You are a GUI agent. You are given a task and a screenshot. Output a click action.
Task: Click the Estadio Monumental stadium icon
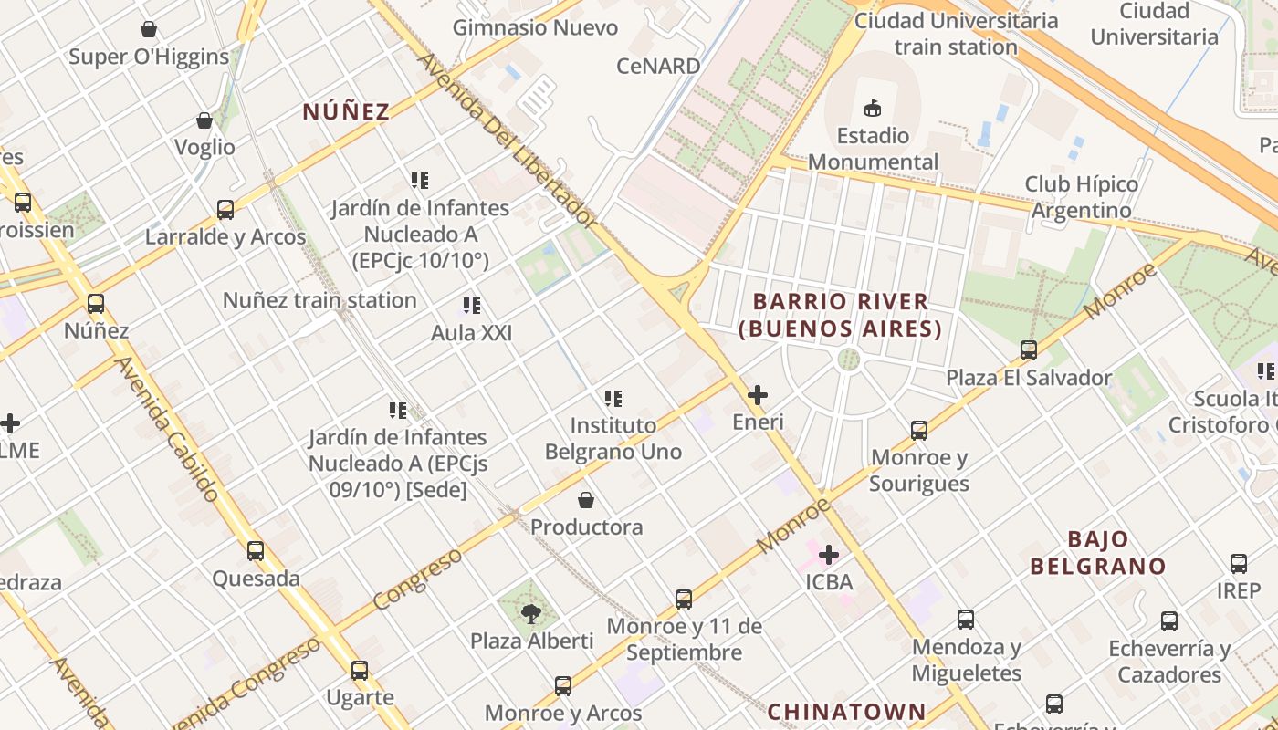873,108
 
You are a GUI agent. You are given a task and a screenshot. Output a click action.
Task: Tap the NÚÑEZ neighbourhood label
346,111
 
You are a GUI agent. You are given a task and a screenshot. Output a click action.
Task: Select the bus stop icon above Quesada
256,551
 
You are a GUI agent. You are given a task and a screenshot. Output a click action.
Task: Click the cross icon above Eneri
757,395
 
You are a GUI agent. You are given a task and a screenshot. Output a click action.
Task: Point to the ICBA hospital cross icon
829,554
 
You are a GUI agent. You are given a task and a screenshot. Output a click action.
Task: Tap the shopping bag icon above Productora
586,500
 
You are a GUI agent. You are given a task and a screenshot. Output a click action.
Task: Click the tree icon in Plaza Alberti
531,613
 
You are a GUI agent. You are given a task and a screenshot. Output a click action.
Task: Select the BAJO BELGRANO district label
1098,552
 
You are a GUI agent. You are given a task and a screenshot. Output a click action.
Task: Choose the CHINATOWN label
846,711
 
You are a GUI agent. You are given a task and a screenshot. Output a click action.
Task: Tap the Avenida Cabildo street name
168,429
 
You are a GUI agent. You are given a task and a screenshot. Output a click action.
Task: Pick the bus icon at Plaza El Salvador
1029,349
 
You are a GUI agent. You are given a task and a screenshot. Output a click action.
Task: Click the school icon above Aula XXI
471,306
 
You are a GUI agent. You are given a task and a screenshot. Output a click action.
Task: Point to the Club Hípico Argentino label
1082,197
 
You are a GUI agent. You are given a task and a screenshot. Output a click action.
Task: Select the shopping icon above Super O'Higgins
149,29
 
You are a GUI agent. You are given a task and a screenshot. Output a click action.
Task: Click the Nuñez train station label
319,300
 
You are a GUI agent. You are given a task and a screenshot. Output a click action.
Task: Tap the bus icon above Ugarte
360,671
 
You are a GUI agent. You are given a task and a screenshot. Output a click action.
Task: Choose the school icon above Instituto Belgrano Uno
613,399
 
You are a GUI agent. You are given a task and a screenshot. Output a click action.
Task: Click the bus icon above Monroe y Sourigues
919,431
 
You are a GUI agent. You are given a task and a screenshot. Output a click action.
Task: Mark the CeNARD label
658,66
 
